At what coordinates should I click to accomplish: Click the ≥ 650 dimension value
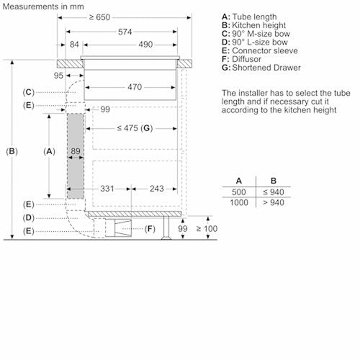[99, 17]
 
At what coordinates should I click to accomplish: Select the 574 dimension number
[125, 32]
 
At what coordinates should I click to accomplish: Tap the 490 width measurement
[145, 45]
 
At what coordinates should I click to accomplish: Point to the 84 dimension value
[74, 45]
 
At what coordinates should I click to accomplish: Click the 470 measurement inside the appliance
[135, 87]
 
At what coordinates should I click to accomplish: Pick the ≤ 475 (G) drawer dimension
[135, 128]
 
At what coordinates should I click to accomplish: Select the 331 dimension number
[107, 189]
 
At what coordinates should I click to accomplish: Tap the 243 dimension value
[157, 189]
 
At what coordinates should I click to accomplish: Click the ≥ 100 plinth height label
[207, 228]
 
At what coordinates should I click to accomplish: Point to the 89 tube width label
[76, 151]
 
